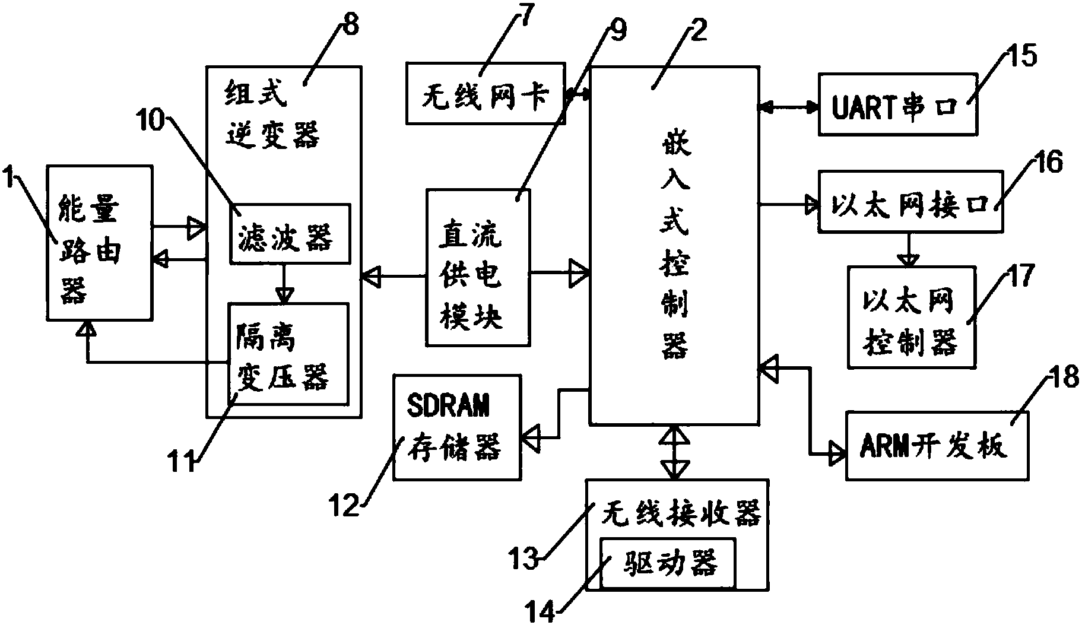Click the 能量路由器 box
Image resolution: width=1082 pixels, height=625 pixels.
tap(99, 243)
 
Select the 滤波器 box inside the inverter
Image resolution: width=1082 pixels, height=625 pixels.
tap(289, 233)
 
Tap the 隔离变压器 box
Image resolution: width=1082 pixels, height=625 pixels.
tap(288, 354)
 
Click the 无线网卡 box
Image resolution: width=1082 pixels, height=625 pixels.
tap(485, 94)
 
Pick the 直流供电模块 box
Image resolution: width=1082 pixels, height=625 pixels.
tap(478, 267)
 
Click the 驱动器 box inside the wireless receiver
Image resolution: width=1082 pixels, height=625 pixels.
tap(667, 563)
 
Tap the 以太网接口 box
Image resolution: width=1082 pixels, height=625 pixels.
tap(910, 201)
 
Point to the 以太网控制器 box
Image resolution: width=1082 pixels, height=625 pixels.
tap(910, 316)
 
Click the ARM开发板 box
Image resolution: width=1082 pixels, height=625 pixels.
tap(936, 445)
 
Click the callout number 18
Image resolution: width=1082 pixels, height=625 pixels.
tap(1062, 377)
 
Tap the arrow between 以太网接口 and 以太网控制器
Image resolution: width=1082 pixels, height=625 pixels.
tap(908, 249)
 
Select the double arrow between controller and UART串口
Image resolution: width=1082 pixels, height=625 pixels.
tap(789, 107)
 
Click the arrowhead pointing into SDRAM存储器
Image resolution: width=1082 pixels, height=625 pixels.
tap(531, 439)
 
